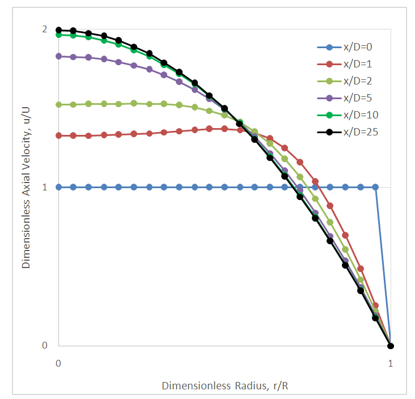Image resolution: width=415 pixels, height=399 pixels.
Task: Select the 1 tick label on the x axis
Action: (390, 363)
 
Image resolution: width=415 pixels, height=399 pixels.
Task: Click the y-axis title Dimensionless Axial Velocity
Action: (26, 187)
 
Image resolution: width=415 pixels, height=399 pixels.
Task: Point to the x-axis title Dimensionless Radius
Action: (229, 386)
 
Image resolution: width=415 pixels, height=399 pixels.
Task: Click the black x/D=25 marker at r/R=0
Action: (58, 30)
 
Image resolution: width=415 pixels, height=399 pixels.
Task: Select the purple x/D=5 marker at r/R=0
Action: (58, 56)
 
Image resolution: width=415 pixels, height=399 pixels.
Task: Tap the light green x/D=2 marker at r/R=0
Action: (58, 105)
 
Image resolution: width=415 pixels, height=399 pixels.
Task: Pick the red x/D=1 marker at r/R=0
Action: (58, 135)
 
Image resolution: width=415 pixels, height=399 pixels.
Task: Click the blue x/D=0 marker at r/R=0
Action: (58, 187)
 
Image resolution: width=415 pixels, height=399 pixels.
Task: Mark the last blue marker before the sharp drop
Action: (375, 187)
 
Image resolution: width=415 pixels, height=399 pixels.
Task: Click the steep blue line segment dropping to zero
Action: (383, 266)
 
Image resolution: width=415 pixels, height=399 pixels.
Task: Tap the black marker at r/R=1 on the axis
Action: (390, 346)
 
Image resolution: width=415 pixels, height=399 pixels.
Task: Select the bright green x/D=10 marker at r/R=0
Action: (58, 35)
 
